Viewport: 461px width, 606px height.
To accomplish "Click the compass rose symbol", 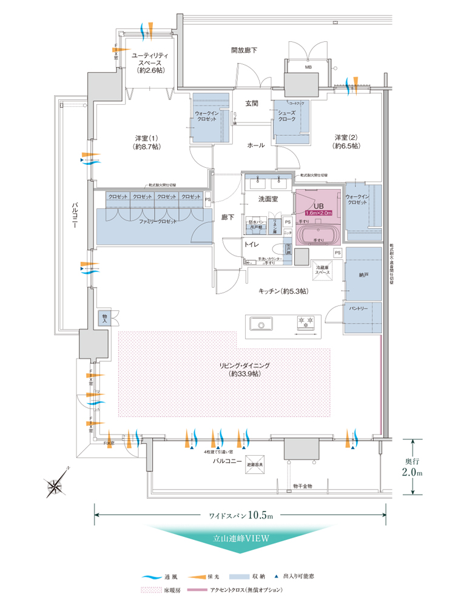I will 56,483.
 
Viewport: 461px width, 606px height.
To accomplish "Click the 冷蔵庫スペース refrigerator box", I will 323,270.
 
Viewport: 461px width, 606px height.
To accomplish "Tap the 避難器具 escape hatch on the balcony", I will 255,464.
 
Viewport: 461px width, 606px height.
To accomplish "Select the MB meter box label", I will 308,68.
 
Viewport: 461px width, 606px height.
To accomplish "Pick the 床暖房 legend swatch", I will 149,589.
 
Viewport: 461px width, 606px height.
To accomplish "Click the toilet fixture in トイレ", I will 280,248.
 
